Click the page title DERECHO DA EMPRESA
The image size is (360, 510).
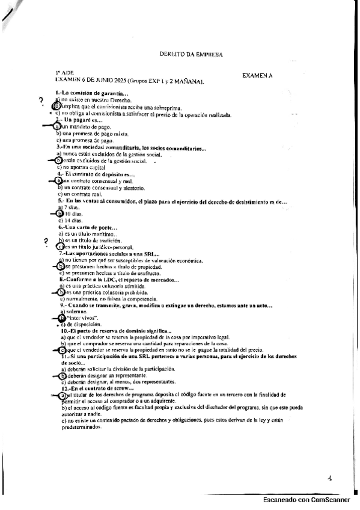tap(191, 54)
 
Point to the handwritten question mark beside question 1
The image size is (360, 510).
tap(41, 100)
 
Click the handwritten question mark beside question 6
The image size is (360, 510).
tap(46, 241)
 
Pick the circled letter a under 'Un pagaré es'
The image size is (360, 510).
tap(58, 127)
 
